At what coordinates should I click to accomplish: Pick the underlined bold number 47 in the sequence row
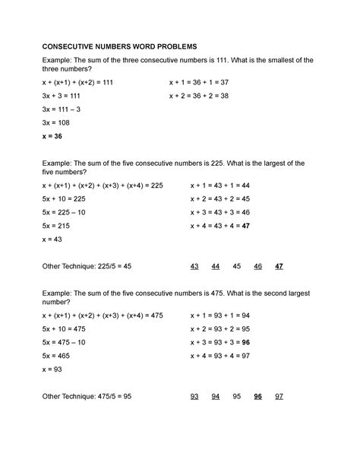click(x=279, y=266)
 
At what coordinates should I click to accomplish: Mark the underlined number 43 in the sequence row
click(x=195, y=266)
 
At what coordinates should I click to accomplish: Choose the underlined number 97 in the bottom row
click(x=279, y=396)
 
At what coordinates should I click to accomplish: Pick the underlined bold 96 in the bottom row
click(x=258, y=396)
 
